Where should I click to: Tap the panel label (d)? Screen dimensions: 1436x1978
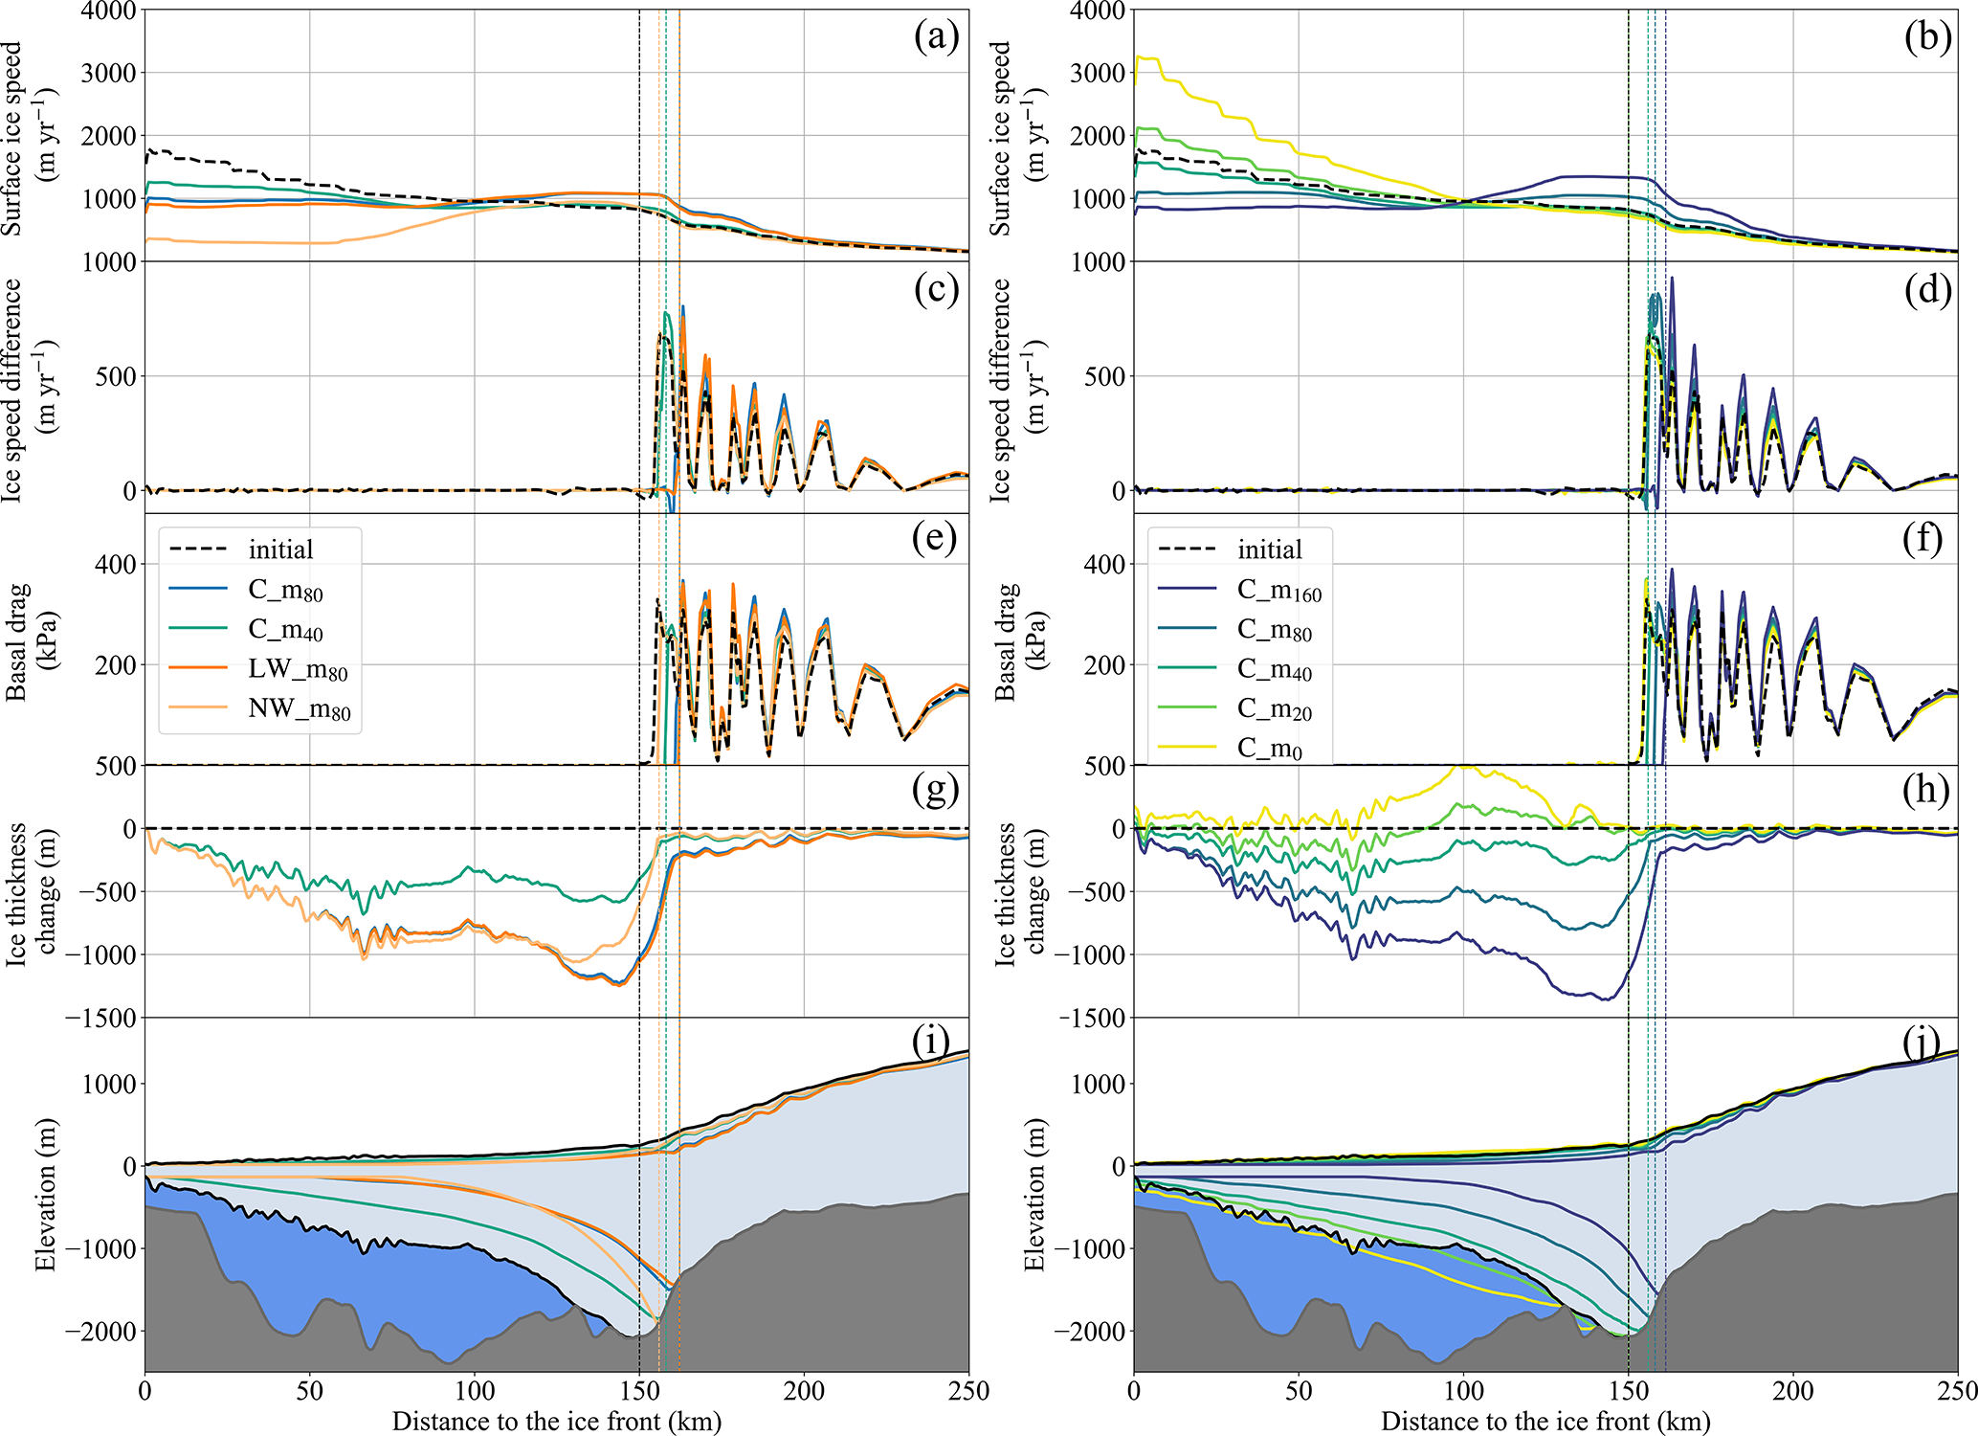1924,290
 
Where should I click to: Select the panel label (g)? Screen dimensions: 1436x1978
935,790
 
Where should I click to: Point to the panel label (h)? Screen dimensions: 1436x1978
1924,790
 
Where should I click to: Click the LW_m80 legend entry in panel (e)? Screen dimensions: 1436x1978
298,670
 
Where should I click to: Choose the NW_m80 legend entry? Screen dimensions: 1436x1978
299,709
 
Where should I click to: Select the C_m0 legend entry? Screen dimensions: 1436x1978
1269,748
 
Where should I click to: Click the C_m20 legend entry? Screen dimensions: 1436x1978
1274,708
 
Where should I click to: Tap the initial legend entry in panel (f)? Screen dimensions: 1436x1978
1269,550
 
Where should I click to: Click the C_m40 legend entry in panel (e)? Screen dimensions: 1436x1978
285,630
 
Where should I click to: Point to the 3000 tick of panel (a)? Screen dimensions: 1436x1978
108,73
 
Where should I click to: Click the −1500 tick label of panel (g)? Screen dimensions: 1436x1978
100,1018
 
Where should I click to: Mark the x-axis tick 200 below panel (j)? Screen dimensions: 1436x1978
1792,1391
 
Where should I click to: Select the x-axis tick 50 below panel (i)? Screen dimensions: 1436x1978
309,1391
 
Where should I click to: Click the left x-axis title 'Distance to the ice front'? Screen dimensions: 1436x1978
556,1422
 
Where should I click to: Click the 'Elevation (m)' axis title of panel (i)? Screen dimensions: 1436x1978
45,1194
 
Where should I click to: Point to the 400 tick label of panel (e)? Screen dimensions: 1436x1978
116,564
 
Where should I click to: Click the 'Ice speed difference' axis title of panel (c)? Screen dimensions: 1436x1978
25,390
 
